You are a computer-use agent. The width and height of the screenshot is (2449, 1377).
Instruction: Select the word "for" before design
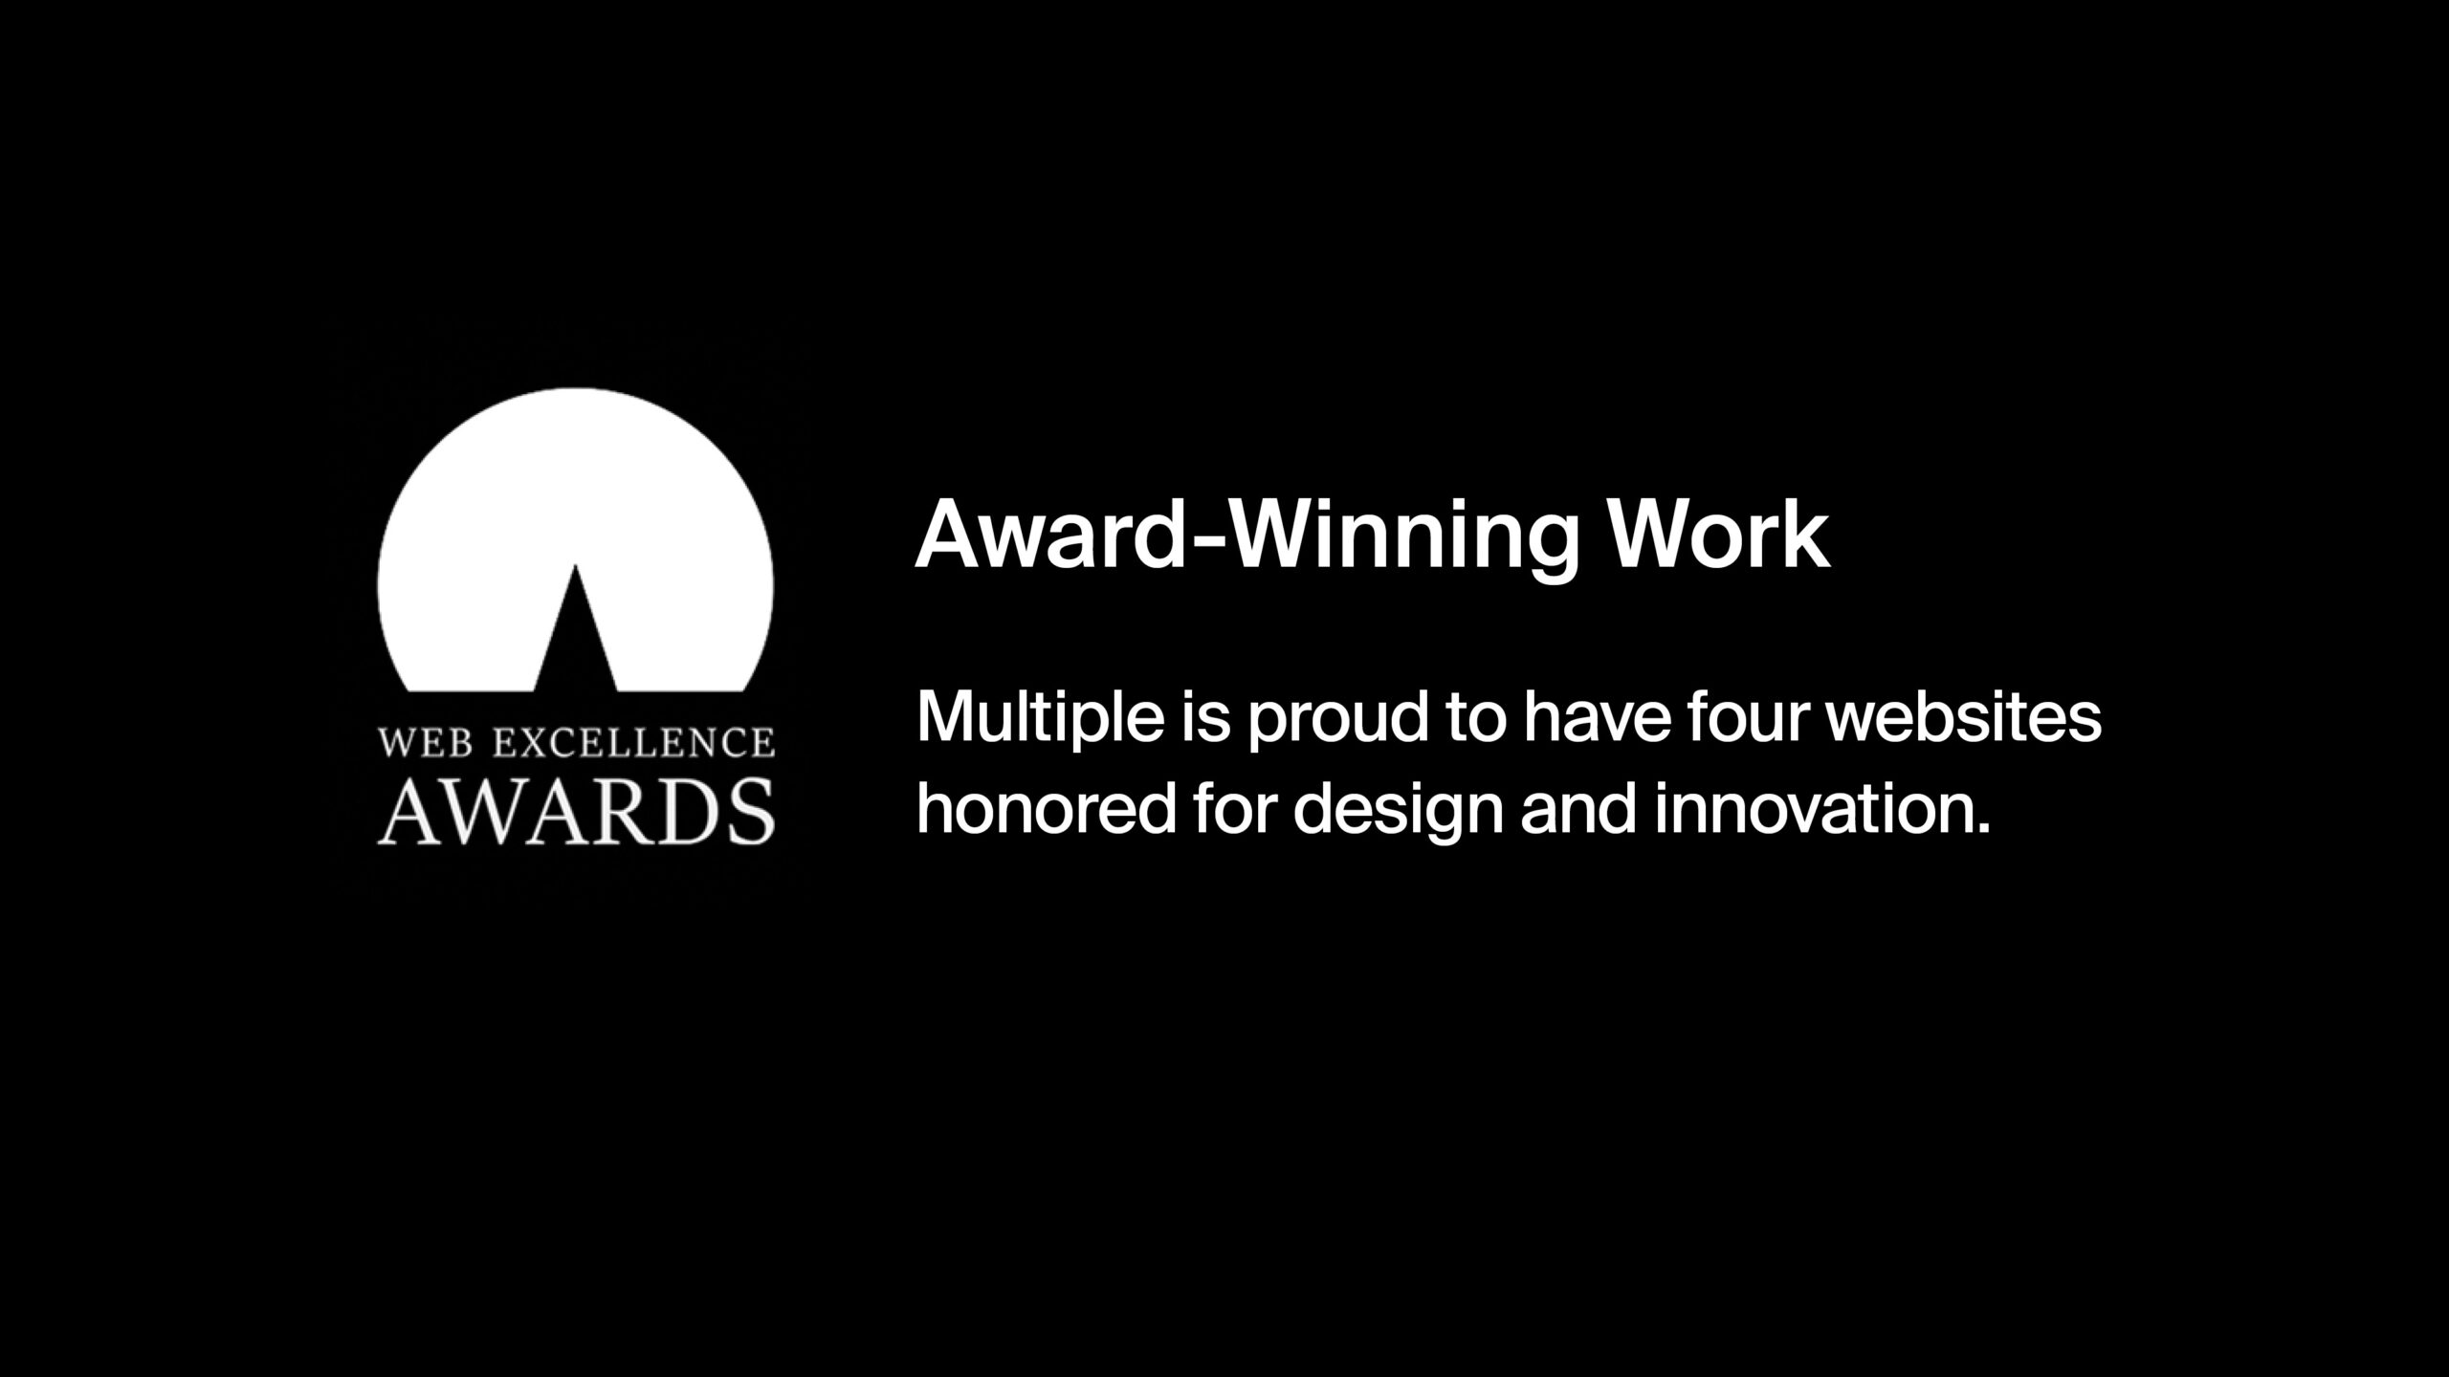(x=1234, y=807)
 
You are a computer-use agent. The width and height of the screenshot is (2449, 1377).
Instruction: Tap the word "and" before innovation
(x=1578, y=807)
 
